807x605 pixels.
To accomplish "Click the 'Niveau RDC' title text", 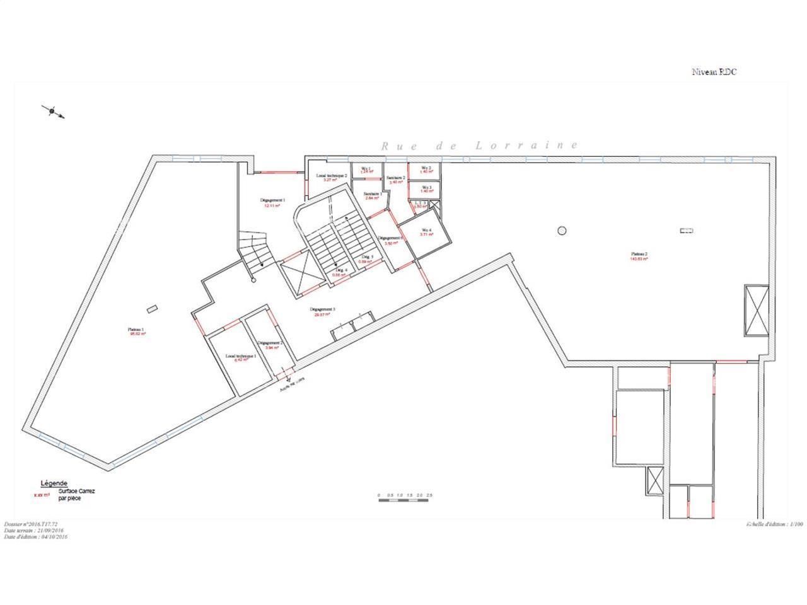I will (x=714, y=72).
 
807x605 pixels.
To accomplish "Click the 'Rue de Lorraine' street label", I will (x=479, y=146).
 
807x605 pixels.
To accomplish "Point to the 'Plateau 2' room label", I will (x=639, y=255).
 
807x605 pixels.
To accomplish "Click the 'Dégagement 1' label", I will (x=273, y=200).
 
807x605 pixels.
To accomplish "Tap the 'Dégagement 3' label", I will (x=322, y=310).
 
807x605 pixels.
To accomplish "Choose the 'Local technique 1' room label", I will (x=240, y=357).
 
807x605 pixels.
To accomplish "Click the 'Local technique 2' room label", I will (x=332, y=176).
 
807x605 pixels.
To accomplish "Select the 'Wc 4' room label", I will (x=427, y=230).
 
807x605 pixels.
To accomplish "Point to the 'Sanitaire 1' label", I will (x=373, y=195).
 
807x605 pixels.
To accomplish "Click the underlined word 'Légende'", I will (x=54, y=483).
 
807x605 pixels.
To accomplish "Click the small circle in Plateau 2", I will (x=562, y=229).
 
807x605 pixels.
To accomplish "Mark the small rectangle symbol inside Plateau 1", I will (x=152, y=308).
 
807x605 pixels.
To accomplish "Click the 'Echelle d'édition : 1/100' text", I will (x=775, y=524).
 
